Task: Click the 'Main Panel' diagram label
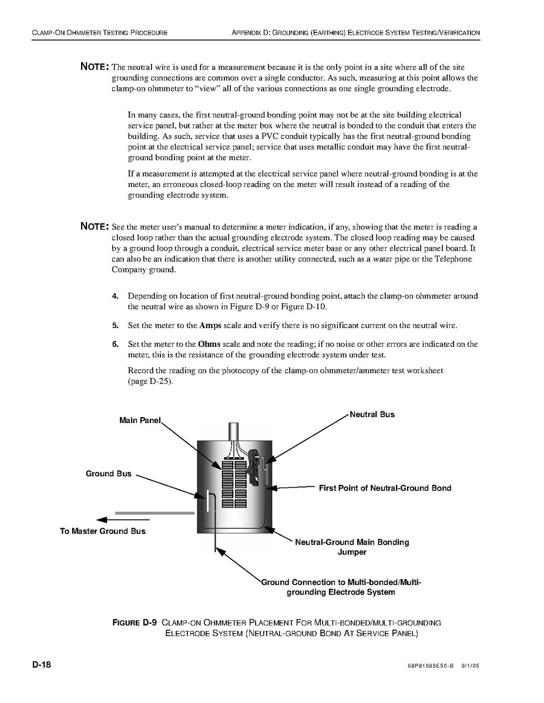139,420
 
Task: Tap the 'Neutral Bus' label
372,414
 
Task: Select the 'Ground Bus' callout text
109,474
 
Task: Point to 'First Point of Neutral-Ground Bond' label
385,488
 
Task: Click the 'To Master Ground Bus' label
103,531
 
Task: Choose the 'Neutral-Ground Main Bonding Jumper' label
352,547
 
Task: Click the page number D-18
42,665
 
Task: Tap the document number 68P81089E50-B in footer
430,667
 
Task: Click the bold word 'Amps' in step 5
210,325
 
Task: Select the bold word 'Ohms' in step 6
210,344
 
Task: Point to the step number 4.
115,296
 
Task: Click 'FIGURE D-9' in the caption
135,622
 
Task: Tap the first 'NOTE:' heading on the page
94,66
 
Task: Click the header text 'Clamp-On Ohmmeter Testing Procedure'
100,32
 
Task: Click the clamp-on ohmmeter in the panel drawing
255,467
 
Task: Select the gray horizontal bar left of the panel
155,513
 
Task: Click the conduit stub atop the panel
233,431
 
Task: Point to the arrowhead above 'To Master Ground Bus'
102,519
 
